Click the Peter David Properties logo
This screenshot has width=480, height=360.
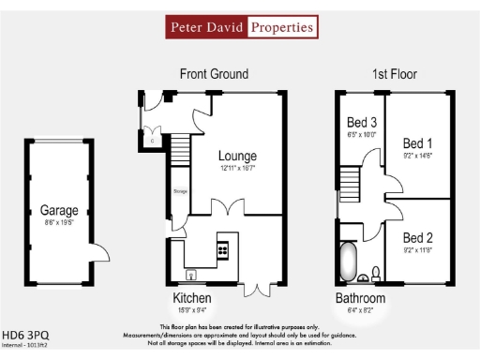click(x=240, y=27)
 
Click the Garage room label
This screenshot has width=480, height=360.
click(x=58, y=210)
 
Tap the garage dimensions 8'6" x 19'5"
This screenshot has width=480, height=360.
click(x=58, y=224)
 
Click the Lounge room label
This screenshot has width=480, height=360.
click(x=237, y=156)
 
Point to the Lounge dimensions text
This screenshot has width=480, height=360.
click(x=237, y=169)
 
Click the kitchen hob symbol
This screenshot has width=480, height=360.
click(x=223, y=248)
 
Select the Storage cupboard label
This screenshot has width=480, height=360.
click(x=179, y=191)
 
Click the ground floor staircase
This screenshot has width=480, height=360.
click(x=179, y=148)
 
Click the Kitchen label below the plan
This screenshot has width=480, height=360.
click(x=191, y=298)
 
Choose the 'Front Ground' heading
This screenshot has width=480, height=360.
click(x=214, y=74)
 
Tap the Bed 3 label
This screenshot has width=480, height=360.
click(x=362, y=123)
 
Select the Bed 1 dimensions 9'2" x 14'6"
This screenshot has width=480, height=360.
click(x=417, y=157)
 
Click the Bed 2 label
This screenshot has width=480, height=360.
click(x=417, y=237)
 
